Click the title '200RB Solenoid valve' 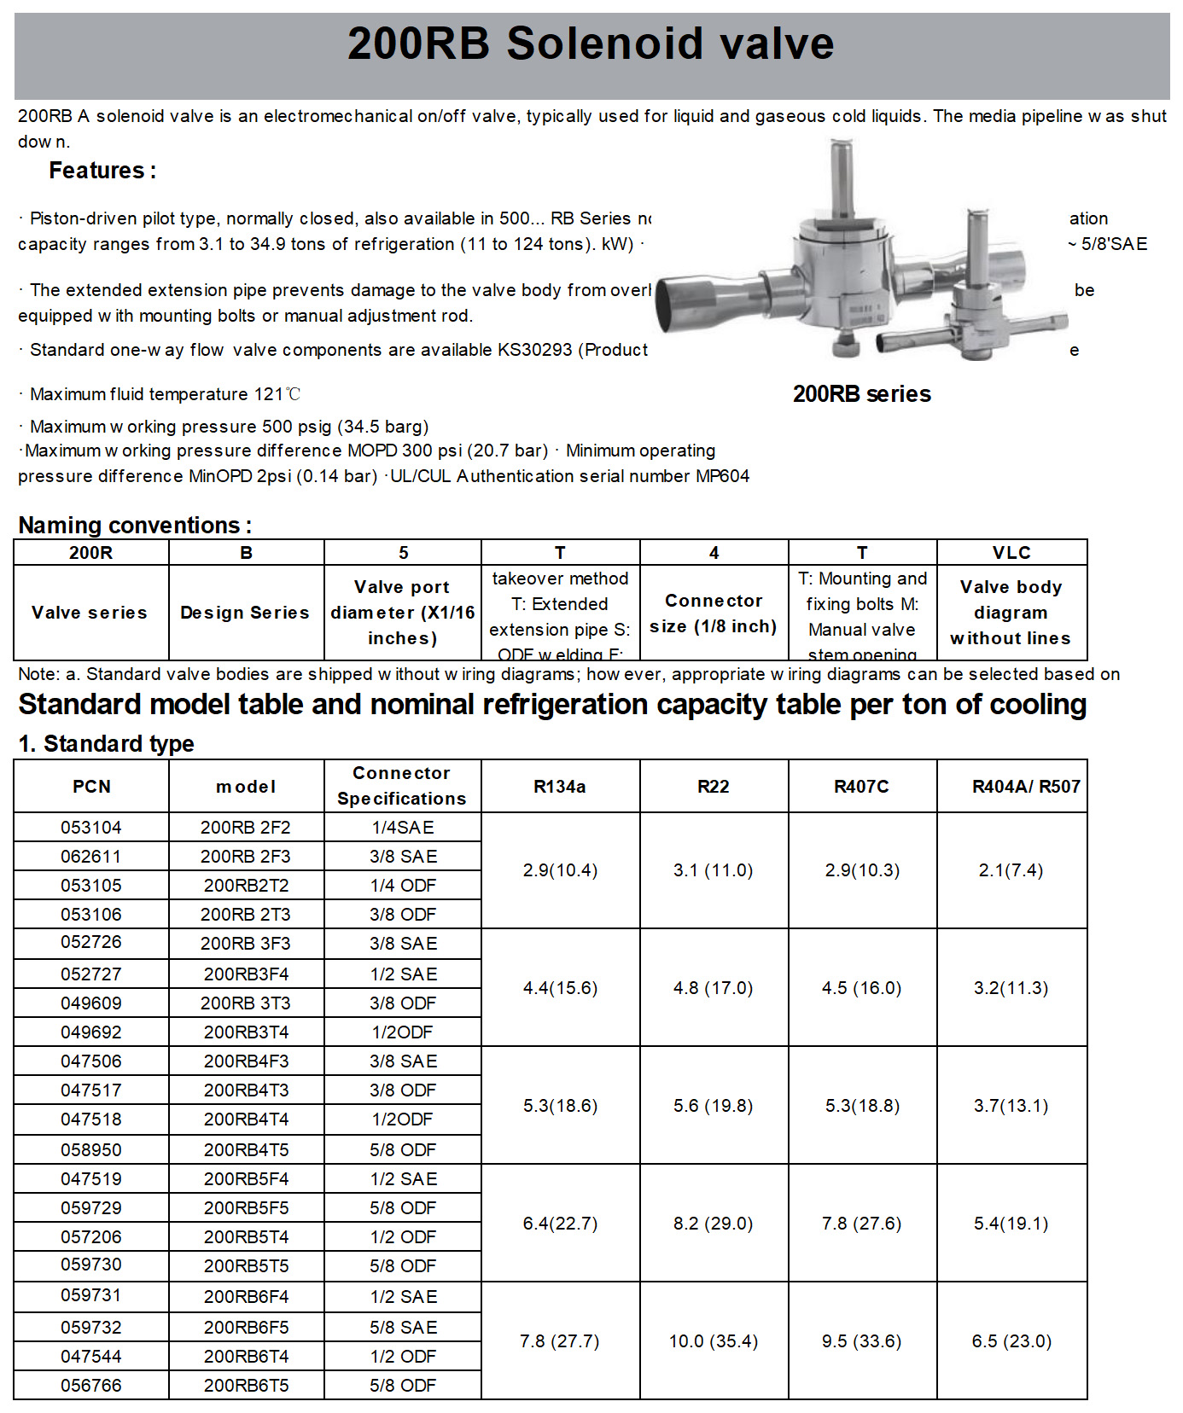pos(591,44)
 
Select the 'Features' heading pos(102,171)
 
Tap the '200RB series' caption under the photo pos(861,394)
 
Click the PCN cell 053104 pos(91,828)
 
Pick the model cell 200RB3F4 pos(246,974)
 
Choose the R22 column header pos(714,787)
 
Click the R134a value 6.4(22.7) pos(560,1224)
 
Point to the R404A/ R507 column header pos(1026,787)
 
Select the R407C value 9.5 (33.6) pos(861,1341)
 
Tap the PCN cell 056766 pos(91,1386)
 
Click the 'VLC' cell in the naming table pos(1011,553)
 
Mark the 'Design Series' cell pos(245,613)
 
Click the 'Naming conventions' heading pos(134,525)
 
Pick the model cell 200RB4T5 pos(246,1150)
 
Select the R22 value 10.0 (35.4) pos(714,1341)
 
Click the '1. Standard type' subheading pos(107,744)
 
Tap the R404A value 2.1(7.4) pos(1011,870)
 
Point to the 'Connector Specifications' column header pos(402,786)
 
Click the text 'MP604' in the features pos(722,476)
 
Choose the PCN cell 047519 pos(91,1179)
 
